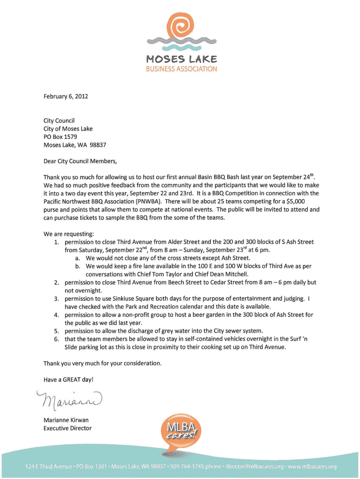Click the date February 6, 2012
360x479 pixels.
click(65, 96)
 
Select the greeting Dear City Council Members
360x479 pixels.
click(80, 161)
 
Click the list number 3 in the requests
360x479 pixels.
click(56, 298)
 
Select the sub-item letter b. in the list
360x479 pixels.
click(78, 266)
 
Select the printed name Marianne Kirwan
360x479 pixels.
click(66, 420)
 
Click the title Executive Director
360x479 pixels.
click(67, 428)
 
